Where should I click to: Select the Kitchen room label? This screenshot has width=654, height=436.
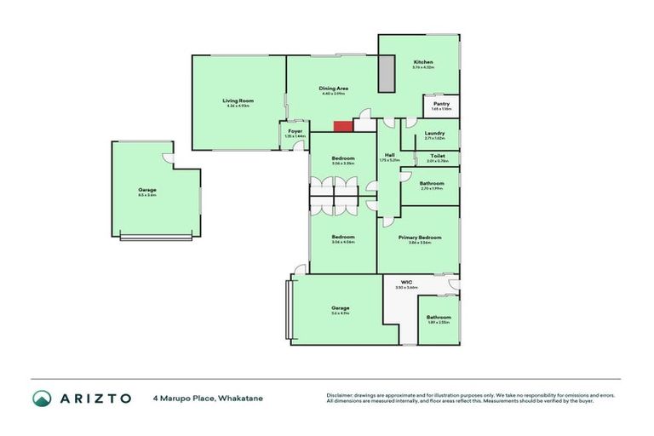point(423,62)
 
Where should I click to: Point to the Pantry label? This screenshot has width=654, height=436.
point(441,104)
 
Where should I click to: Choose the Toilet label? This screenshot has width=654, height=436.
point(438,156)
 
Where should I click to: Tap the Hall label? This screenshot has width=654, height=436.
point(389,154)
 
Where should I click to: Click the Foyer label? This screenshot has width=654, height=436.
point(295,131)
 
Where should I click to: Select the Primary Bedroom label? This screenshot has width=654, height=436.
point(425,237)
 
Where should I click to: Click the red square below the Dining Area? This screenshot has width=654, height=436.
point(342,126)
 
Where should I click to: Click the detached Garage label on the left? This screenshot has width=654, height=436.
point(147,189)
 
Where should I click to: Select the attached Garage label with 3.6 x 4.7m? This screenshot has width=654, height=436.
point(341,307)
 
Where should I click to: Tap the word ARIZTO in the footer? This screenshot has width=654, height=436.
point(95,398)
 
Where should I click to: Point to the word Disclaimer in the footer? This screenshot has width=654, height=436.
point(341,395)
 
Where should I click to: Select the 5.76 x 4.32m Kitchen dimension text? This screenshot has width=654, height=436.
point(423,67)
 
